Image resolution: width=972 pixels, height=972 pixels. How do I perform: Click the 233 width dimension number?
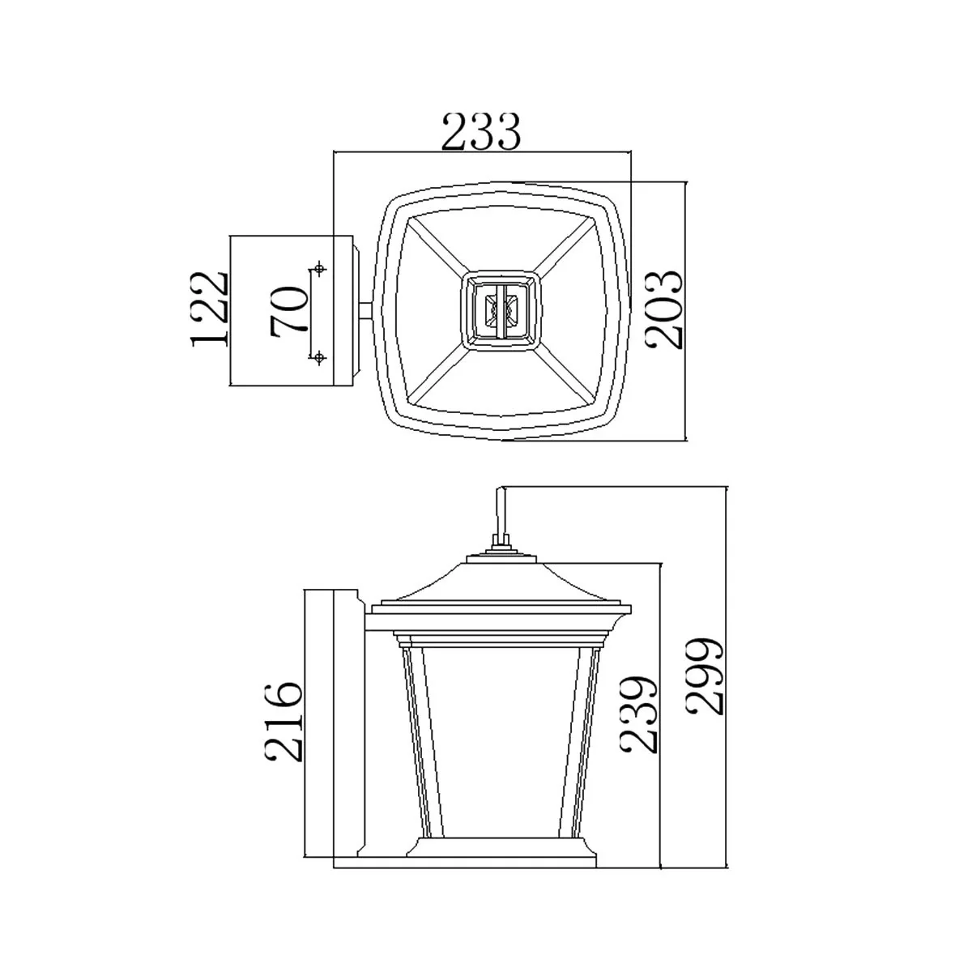480,132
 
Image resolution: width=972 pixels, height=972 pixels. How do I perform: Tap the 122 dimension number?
209,309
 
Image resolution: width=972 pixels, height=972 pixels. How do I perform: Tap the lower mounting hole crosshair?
318,358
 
